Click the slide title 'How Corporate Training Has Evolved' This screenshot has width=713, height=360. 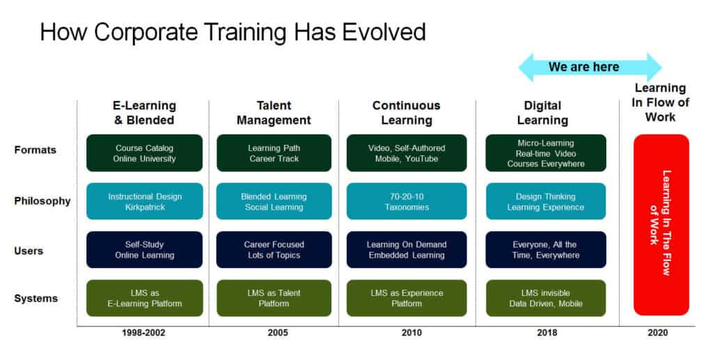pyautogui.click(x=233, y=32)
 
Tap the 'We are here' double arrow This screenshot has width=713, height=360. pyautogui.click(x=590, y=68)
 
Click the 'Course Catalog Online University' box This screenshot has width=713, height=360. pyautogui.click(x=145, y=153)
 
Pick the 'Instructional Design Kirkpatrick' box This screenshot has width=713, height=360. pyautogui.click(x=145, y=202)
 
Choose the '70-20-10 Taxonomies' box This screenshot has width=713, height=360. pyautogui.click(x=407, y=202)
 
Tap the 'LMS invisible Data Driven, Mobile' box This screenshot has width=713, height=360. pyautogui.click(x=545, y=298)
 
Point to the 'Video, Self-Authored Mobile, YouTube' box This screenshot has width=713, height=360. pyautogui.click(x=407, y=153)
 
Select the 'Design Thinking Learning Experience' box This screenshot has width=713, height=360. pyautogui.click(x=545, y=202)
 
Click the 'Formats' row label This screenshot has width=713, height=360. pyautogui.click(x=35, y=150)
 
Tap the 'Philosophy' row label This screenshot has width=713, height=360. pyautogui.click(x=42, y=201)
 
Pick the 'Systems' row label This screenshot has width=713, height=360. pyautogui.click(x=36, y=299)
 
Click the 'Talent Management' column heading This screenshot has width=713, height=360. pyautogui.click(x=274, y=113)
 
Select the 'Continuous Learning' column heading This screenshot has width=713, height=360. pyautogui.click(x=407, y=113)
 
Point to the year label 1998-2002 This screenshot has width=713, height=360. pyautogui.click(x=143, y=333)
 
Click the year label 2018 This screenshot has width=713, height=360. pyautogui.click(x=547, y=333)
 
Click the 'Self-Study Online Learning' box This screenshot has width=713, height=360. pyautogui.click(x=145, y=250)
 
